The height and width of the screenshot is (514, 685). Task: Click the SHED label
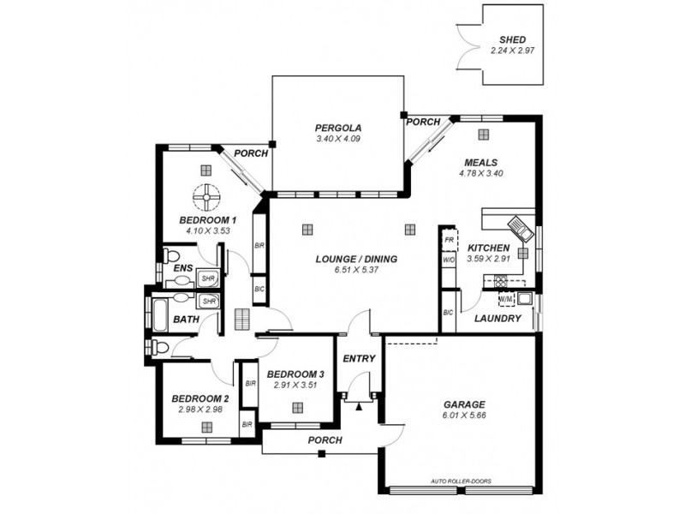[513, 39]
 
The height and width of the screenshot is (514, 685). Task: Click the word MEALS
[481, 162]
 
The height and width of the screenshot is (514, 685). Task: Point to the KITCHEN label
[489, 247]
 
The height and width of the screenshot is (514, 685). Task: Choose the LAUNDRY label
[497, 318]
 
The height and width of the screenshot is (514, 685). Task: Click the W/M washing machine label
[505, 299]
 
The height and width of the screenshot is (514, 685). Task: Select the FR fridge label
[448, 242]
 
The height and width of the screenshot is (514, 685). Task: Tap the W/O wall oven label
[448, 259]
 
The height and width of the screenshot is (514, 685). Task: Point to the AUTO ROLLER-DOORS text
[462, 481]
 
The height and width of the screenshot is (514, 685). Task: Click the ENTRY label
[358, 358]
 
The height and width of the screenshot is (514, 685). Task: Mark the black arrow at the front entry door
[359, 404]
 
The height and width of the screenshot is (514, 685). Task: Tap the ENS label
[182, 268]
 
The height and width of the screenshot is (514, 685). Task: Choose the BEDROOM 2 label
[200, 398]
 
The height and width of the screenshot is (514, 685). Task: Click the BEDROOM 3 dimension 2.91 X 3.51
[295, 385]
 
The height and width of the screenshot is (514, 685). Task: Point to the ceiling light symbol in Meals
[484, 134]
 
